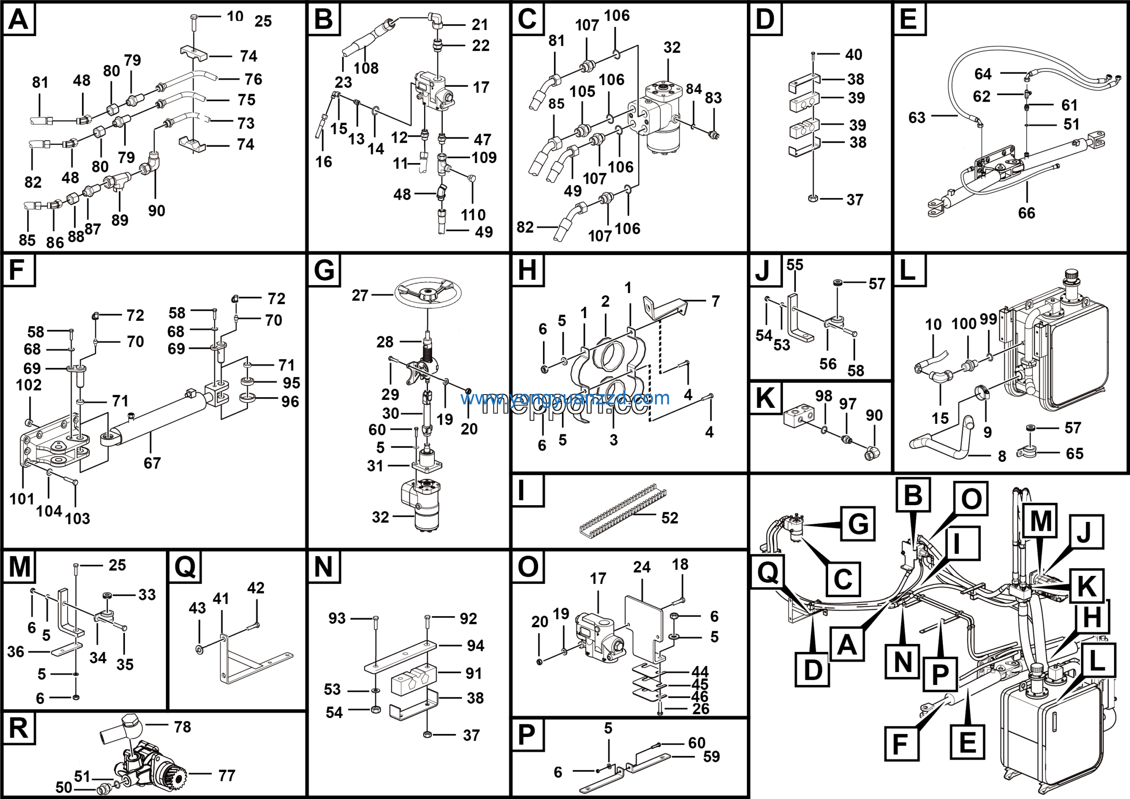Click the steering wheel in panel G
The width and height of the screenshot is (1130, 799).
pos(427,293)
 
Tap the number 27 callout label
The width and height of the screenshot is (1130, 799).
pos(360,295)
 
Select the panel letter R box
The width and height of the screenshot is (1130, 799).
pos(19,728)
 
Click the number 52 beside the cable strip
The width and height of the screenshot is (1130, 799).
pos(669,518)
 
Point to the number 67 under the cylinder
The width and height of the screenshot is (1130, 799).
pos(152,463)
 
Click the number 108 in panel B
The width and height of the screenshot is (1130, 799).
pos(365,68)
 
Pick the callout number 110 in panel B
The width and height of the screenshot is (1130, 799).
pos(472,215)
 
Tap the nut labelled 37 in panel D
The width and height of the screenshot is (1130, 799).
pos(813,199)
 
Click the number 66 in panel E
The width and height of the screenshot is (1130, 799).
pos(1026,213)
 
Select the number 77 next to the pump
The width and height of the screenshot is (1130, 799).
pos(226,776)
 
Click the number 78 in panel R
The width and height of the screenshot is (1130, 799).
pos(182,727)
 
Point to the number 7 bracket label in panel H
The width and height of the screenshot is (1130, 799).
pos(715,301)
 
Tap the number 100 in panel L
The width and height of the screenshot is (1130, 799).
pos(963,323)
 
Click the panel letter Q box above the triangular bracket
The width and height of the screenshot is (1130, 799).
pos(185,567)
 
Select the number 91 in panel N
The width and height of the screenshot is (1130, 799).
pos(474,673)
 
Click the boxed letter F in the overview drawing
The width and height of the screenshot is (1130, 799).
pos(901,743)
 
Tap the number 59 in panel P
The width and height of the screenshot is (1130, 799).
pos(711,757)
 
